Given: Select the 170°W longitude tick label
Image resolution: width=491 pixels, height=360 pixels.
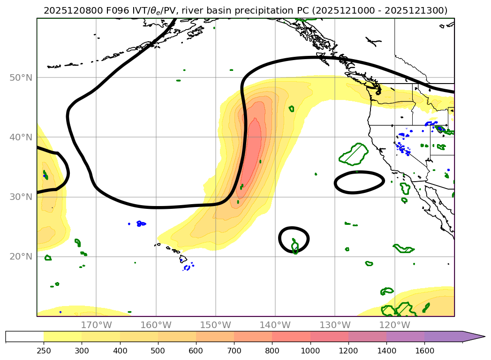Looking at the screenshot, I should [96, 325].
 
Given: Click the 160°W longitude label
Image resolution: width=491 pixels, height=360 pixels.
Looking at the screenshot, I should [156, 325].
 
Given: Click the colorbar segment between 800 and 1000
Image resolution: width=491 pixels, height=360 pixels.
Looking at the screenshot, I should [291, 337].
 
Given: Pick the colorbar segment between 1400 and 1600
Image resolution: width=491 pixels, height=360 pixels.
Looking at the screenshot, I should [405, 337].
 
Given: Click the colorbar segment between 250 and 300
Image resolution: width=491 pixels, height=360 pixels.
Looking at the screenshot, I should [62, 337].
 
